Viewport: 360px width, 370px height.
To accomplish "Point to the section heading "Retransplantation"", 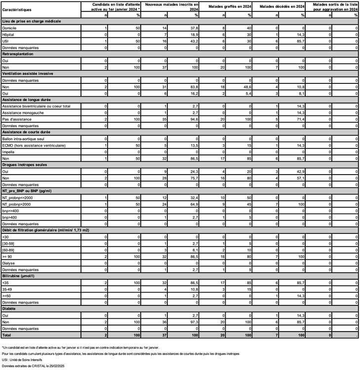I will pos(20,53).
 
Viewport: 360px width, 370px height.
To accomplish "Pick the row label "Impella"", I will pos(9,152).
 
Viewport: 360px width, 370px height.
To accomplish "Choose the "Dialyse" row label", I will pos(9,263).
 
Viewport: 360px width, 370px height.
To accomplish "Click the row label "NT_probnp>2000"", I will pos(20,203).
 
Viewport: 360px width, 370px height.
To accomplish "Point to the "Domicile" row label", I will pos(10,29).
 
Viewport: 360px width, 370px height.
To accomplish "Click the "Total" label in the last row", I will pos(8,335).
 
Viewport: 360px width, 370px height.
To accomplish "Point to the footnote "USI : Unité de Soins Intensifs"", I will pos(29,360).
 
